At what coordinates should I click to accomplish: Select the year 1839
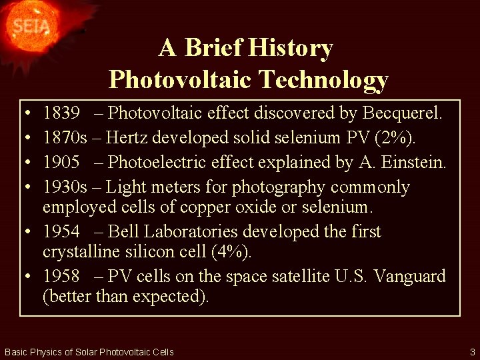[x=61, y=113]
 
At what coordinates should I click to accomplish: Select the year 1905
[x=61, y=162]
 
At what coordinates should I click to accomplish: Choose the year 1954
[x=61, y=231]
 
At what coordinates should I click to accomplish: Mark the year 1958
[x=61, y=276]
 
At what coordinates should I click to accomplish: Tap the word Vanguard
[x=409, y=276]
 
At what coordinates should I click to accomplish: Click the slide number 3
[x=472, y=351]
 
